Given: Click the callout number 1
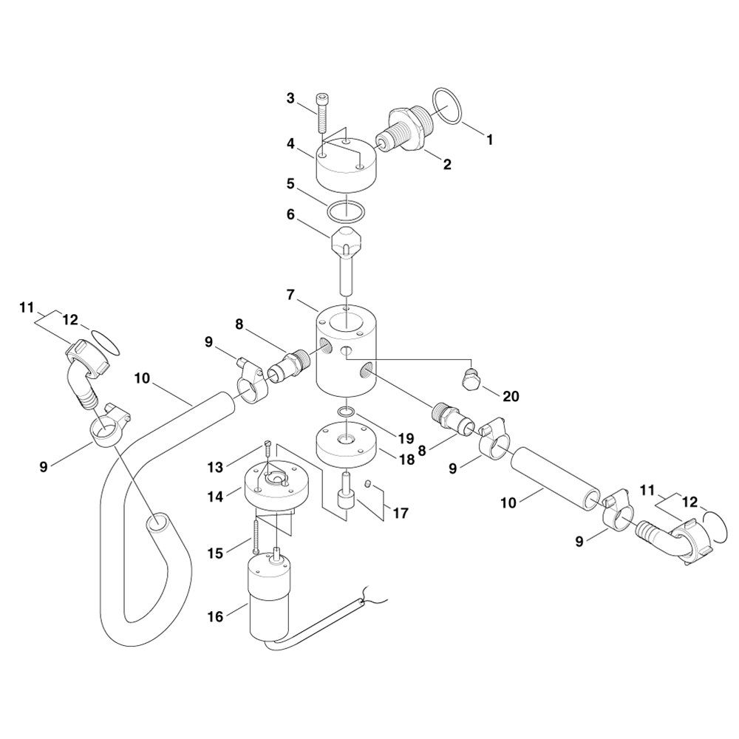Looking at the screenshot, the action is pos(489,140).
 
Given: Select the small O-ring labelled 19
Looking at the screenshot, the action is pos(347,413).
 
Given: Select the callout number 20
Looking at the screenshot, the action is pos(511,396).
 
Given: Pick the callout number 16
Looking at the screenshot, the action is pos(215,616).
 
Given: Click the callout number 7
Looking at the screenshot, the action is pos(290,295).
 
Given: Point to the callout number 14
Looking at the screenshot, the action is pos(215,496).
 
